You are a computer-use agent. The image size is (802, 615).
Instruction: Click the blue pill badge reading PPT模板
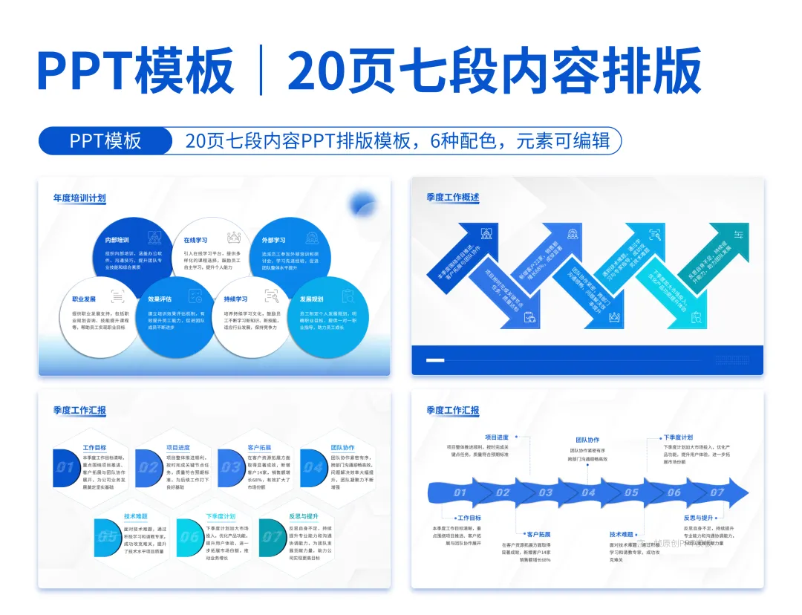(x=105, y=140)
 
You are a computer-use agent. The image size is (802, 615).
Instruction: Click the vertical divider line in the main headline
(x=261, y=71)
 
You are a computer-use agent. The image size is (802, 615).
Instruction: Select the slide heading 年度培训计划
(x=79, y=198)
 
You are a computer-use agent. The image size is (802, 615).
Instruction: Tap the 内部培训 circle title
(x=117, y=241)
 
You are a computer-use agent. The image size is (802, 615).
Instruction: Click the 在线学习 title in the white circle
(x=195, y=241)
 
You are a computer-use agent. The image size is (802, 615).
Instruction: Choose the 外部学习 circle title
(x=274, y=241)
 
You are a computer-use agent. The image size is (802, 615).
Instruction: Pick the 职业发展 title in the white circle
(x=84, y=299)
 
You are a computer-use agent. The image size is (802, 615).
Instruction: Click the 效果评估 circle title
(x=160, y=299)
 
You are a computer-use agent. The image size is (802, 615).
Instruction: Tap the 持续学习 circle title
(x=235, y=299)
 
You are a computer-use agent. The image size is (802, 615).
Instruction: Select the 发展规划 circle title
(x=311, y=299)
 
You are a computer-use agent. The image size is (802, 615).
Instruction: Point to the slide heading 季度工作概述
(x=453, y=198)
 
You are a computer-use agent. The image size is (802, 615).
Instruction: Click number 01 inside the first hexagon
(x=65, y=468)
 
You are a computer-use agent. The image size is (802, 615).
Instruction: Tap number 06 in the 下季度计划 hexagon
(x=190, y=536)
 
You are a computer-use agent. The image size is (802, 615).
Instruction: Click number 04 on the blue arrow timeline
(x=588, y=492)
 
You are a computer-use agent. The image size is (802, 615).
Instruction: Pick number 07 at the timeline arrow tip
(x=717, y=492)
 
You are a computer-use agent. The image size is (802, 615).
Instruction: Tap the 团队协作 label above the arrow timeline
(x=587, y=440)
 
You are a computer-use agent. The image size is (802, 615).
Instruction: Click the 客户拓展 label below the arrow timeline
(x=538, y=533)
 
